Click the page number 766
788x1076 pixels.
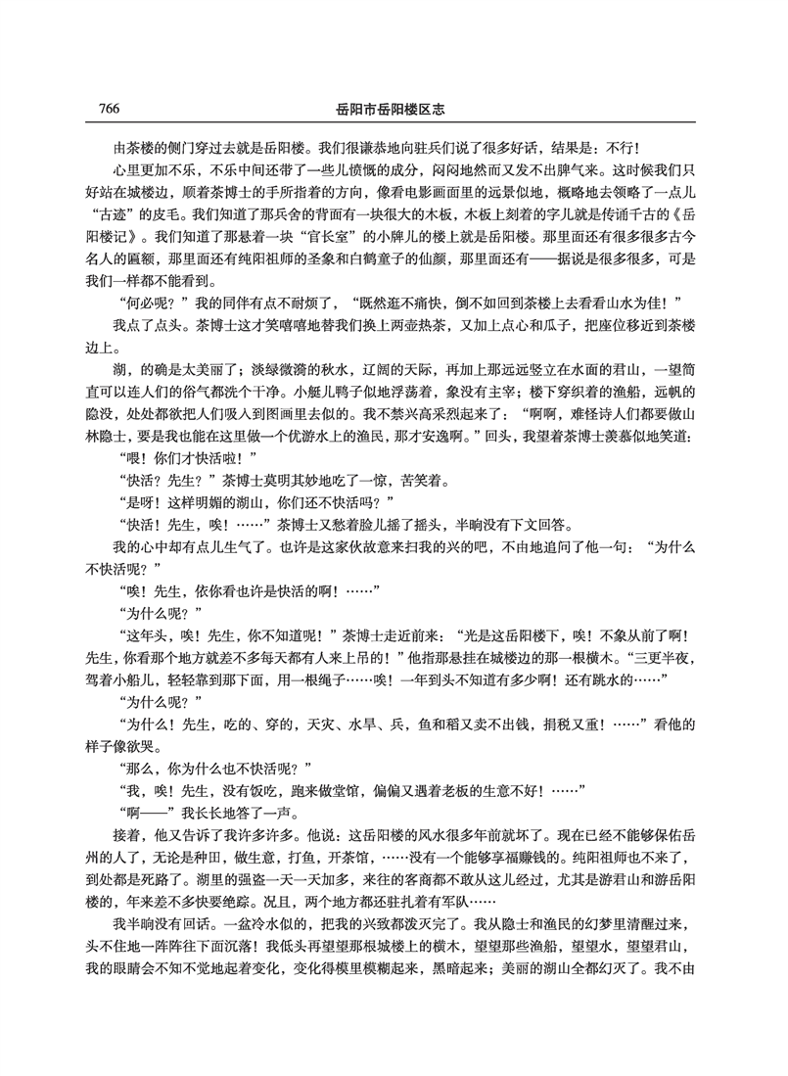(x=108, y=108)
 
